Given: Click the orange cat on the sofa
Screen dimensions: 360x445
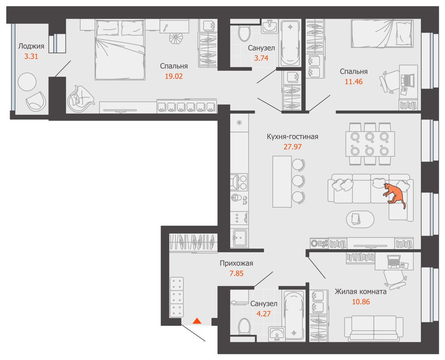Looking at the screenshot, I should tap(395, 194).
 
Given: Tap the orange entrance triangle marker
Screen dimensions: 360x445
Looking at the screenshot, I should tap(197, 321).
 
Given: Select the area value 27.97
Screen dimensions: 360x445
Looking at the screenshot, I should tap(292, 147).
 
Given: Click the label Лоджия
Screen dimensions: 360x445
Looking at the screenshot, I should tap(31, 46).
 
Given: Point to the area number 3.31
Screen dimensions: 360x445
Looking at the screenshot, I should tap(31, 57).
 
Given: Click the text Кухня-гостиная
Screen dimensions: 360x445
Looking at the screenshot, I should tap(292, 137).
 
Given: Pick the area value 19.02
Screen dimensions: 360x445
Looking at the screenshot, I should tap(174, 76).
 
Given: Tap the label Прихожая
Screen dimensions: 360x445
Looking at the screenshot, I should tap(236, 264).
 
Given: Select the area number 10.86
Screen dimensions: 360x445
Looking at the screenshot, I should tap(361, 302).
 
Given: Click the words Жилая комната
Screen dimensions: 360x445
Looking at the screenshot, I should tap(361, 292).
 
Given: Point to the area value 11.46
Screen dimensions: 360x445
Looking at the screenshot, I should tap(353, 82).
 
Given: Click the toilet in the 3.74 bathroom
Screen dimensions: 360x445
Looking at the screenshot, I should tap(244, 33).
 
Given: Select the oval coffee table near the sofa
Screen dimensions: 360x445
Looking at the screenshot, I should tap(360, 219).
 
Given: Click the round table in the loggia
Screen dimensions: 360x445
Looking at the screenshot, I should tap(27, 82).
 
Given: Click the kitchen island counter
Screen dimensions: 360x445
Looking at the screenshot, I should tap(282, 181).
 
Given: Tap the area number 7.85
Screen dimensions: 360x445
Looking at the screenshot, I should tap(236, 274).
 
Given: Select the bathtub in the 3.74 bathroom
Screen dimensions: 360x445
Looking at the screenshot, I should tap(290, 43).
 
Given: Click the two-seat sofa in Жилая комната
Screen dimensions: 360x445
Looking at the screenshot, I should tap(374, 328).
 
